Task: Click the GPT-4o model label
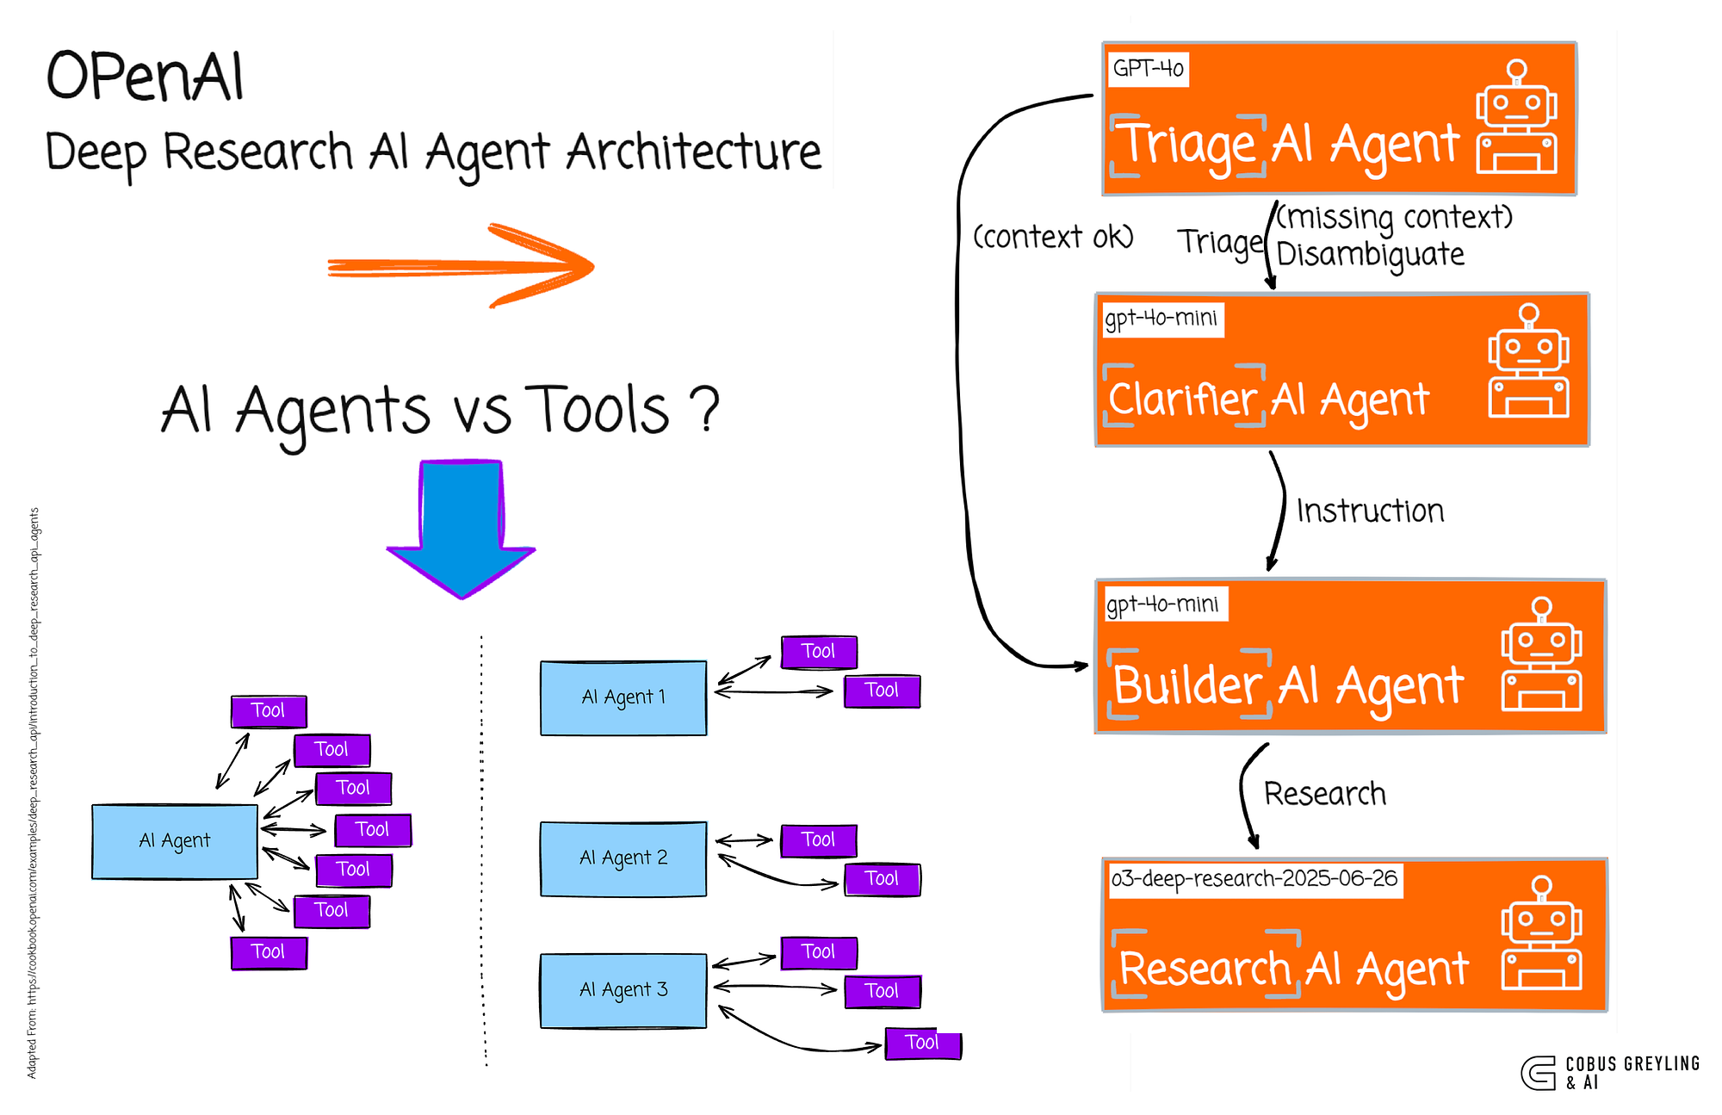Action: pyautogui.click(x=1147, y=68)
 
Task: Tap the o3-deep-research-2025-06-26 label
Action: pyautogui.click(x=1254, y=879)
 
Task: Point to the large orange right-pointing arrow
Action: pyautogui.click(x=461, y=266)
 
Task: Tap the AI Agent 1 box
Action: pyautogui.click(x=623, y=697)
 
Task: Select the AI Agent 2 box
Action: pyautogui.click(x=623, y=858)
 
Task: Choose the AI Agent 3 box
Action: pyautogui.click(x=623, y=990)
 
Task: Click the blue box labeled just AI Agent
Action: pyautogui.click(x=175, y=841)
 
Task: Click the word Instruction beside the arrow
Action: pyautogui.click(x=1369, y=511)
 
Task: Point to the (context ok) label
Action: pyautogui.click(x=1052, y=237)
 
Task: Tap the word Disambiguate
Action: pyautogui.click(x=1369, y=255)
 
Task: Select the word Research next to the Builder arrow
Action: pyautogui.click(x=1324, y=794)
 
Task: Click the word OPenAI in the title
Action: pyautogui.click(x=145, y=77)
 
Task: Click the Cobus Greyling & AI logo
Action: pyautogui.click(x=1608, y=1073)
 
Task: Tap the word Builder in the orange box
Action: pyautogui.click(x=1187, y=686)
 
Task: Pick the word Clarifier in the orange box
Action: pyautogui.click(x=1182, y=400)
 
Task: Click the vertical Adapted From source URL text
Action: pyautogui.click(x=33, y=792)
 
